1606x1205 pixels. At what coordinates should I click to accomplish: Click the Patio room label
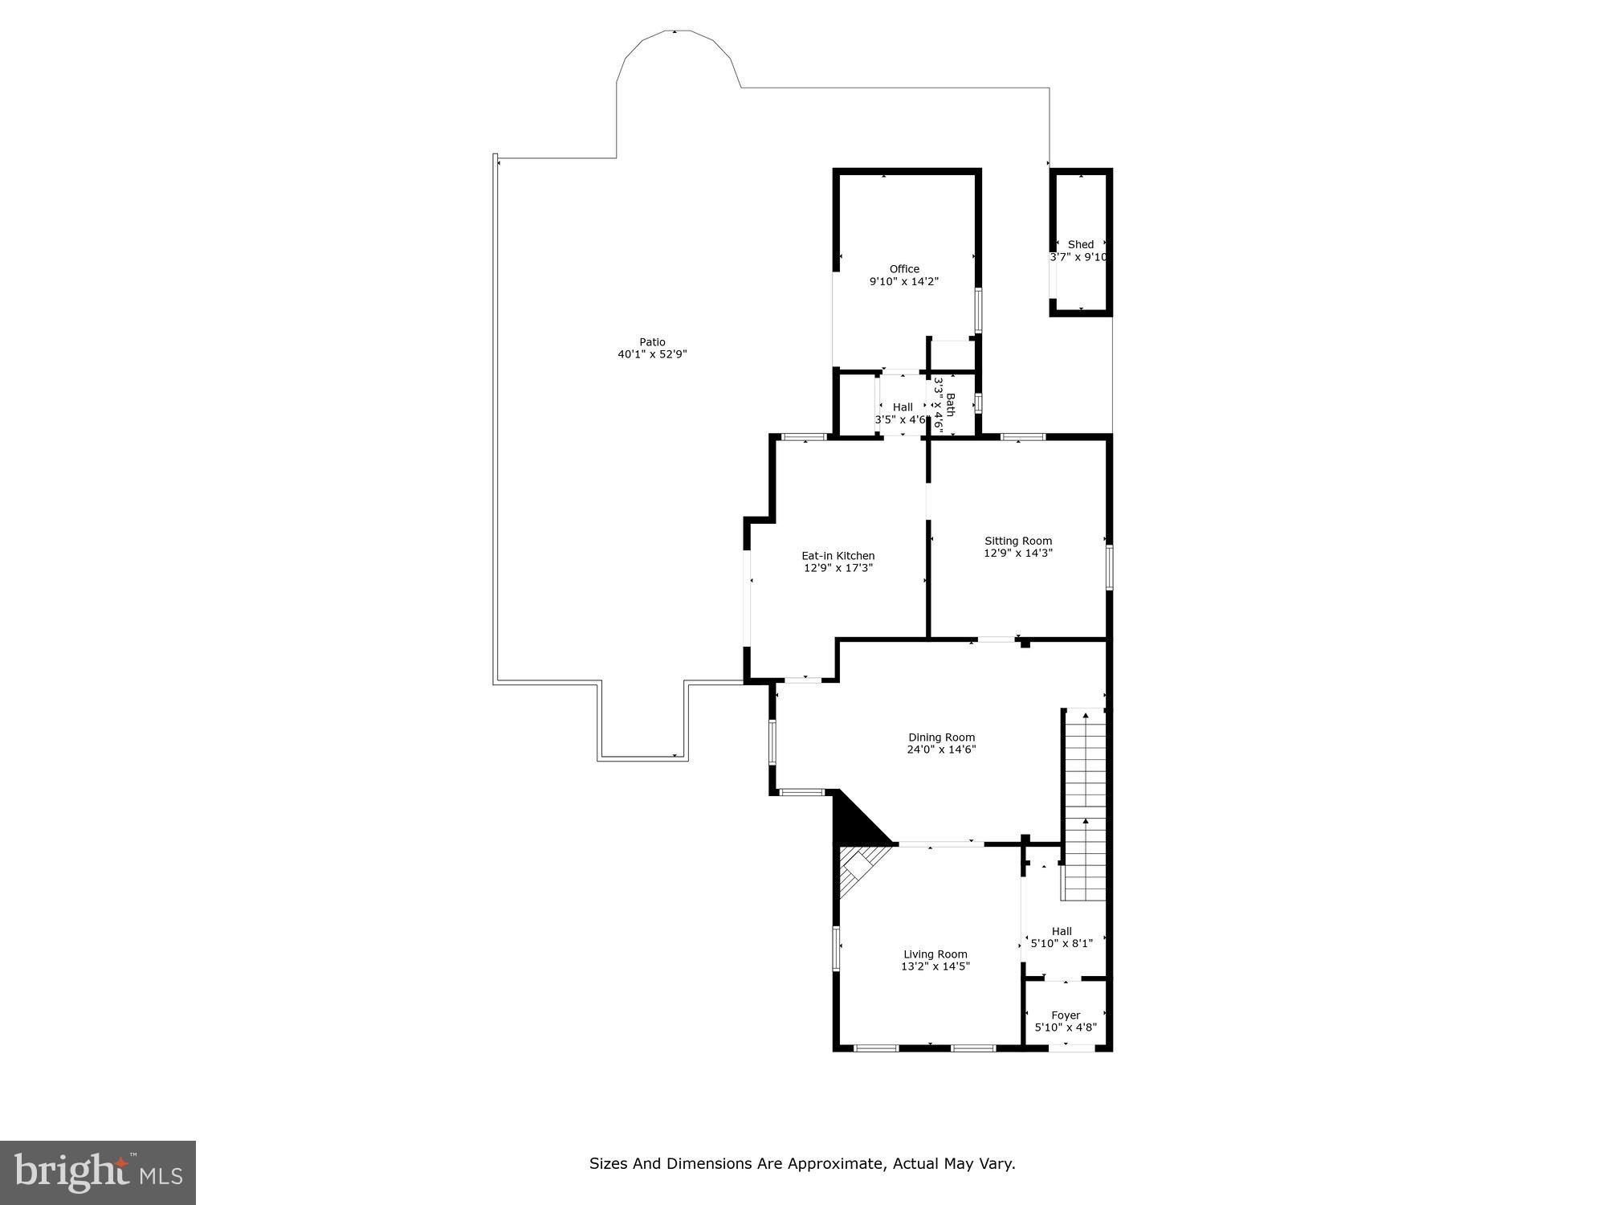tap(652, 342)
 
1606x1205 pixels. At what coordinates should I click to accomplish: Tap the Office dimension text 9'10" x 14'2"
tap(904, 282)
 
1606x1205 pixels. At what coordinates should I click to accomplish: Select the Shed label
tap(1081, 244)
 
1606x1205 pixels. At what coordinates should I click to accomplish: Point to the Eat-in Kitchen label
tap(838, 556)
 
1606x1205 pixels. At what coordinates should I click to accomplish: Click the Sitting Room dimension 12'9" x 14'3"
tap(1018, 553)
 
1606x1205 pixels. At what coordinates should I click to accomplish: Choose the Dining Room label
tap(942, 737)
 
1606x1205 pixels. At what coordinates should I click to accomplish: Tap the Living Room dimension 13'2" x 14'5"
tap(935, 966)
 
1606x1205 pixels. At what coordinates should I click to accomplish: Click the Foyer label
tap(1066, 1015)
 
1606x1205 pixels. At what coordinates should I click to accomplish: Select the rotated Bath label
tap(951, 405)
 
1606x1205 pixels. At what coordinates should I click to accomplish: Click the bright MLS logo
tap(98, 1172)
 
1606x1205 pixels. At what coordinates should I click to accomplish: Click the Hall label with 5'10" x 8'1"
tap(1062, 931)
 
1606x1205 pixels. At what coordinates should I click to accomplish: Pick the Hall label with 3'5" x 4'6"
tap(903, 407)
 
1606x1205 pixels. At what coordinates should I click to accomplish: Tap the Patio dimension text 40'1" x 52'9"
tap(652, 354)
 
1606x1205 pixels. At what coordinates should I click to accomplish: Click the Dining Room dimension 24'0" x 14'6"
tap(942, 750)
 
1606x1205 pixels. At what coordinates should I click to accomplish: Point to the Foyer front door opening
tap(1071, 1047)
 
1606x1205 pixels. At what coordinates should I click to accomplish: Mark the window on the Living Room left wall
tap(836, 948)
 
